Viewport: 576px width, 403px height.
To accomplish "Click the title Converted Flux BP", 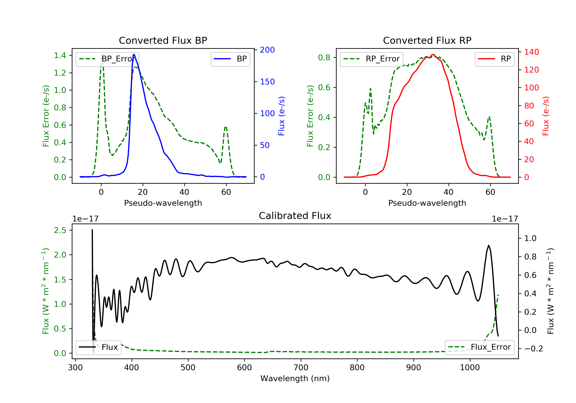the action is tap(163, 40).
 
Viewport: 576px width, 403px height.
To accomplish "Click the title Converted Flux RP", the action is tap(427, 40).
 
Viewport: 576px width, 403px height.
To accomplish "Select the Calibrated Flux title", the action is tap(295, 216).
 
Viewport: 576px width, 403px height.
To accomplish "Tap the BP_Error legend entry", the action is tap(107, 59).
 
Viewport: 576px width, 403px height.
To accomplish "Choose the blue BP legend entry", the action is tap(230, 59).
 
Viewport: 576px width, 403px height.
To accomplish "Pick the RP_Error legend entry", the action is tap(372, 59).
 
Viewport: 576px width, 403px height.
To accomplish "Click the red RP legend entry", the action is tap(494, 59).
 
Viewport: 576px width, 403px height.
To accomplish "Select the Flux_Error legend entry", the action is tap(479, 347).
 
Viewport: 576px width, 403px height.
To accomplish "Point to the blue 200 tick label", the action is tap(267, 50).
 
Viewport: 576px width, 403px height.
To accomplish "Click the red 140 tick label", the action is tap(532, 52).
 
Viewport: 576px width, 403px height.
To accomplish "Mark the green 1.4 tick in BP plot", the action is tap(60, 55).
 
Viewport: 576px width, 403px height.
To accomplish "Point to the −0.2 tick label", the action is tap(534, 348).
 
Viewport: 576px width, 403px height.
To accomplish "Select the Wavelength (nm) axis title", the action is tap(295, 378).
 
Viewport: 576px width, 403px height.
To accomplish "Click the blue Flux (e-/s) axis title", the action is tap(281, 116).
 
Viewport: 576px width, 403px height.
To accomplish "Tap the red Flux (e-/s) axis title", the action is tap(546, 116).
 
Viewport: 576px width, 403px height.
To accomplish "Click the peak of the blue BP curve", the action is tap(134, 55).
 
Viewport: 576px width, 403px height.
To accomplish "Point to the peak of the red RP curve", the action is tap(433, 55).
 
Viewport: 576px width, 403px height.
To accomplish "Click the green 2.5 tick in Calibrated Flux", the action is tap(60, 230).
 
